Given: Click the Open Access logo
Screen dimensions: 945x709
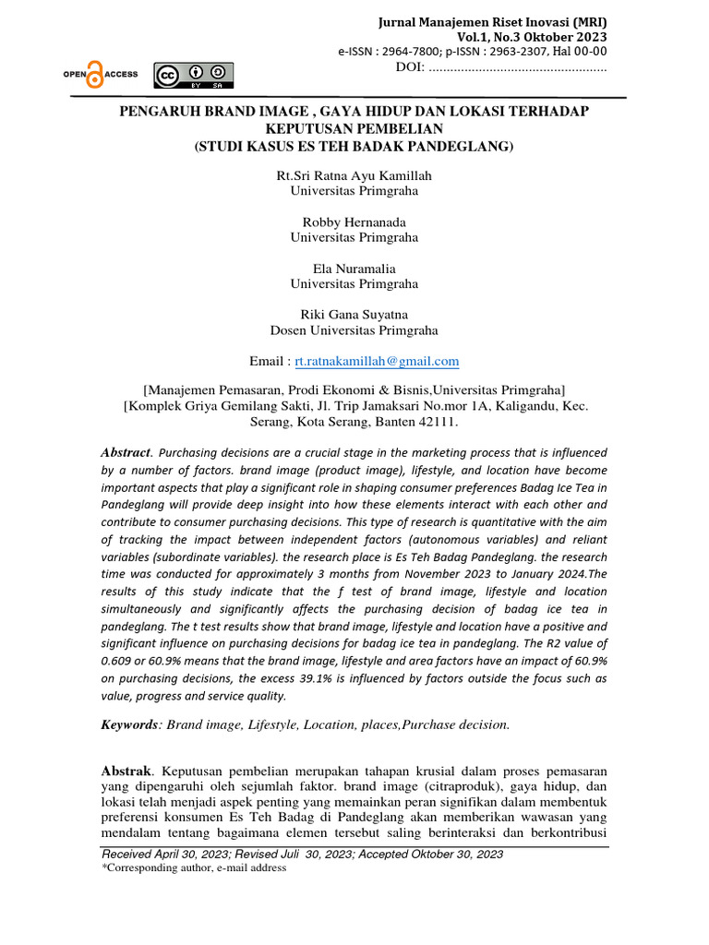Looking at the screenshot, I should [x=100, y=75].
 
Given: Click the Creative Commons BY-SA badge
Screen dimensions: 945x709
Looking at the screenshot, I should [x=194, y=75].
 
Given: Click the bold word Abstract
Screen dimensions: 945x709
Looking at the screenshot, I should [x=126, y=452].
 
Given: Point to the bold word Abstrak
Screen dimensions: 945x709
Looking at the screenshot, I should [x=128, y=770].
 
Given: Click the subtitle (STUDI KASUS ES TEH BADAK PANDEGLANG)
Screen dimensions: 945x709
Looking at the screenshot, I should [x=354, y=146].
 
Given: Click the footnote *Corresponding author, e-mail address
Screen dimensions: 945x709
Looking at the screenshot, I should [x=194, y=868].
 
